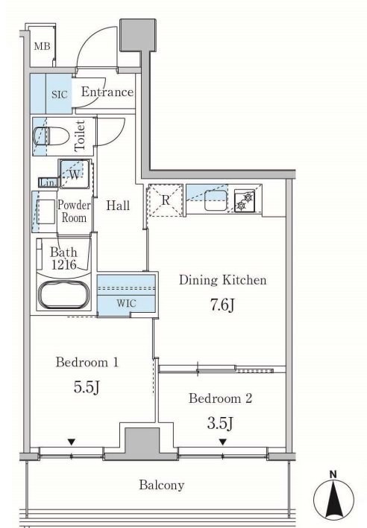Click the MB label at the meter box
43,45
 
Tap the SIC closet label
60,95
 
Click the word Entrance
107,92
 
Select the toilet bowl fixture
51,136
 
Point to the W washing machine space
75,174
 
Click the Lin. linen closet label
48,182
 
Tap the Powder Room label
74,211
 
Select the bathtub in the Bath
63,296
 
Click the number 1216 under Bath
64,264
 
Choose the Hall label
118,206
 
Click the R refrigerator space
166,200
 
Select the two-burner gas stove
245,200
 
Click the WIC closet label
127,303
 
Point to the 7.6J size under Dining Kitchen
222,305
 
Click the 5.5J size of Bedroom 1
87,387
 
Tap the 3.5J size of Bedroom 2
220,423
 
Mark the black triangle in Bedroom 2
222,442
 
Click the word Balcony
162,486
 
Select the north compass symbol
333,496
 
